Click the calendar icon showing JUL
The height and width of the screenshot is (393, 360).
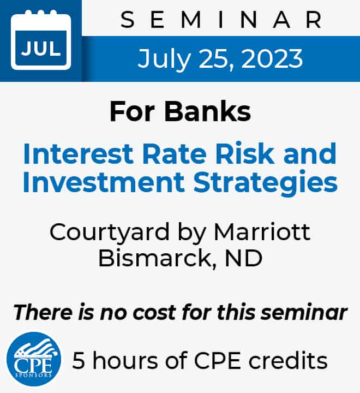pyautogui.click(x=41, y=40)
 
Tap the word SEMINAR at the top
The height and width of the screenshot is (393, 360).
pyautogui.click(x=221, y=20)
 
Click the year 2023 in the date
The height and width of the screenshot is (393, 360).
pyautogui.click(x=272, y=59)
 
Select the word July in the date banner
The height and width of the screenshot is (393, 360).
pyautogui.click(x=164, y=60)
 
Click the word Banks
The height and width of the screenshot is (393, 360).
pyautogui.click(x=207, y=111)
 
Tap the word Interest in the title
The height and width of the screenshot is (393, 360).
pyautogui.click(x=78, y=153)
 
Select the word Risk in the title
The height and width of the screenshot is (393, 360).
pyautogui.click(x=245, y=153)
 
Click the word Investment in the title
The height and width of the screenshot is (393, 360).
pyautogui.click(x=104, y=182)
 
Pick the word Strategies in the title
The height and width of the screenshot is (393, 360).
pyautogui.click(x=266, y=183)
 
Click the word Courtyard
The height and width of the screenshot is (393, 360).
pyautogui.click(x=110, y=233)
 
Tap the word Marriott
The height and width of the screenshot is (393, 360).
pyautogui.click(x=262, y=231)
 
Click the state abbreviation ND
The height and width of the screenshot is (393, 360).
pyautogui.click(x=243, y=258)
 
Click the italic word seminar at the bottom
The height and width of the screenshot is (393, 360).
pyautogui.click(x=304, y=312)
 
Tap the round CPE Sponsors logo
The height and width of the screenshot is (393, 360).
pyautogui.click(x=34, y=359)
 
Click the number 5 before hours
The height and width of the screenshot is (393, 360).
pyautogui.click(x=79, y=360)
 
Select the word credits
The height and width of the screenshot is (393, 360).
pyautogui.click(x=288, y=360)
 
